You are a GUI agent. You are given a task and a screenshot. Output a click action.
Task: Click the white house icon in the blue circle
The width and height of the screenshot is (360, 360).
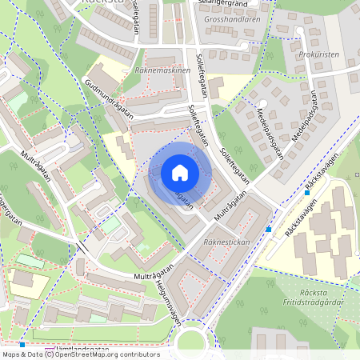(179, 172)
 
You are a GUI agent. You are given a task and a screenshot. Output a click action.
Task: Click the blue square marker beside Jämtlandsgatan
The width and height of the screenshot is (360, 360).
(22, 344)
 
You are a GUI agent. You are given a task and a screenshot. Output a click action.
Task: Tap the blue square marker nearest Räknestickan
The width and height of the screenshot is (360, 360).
(268, 230)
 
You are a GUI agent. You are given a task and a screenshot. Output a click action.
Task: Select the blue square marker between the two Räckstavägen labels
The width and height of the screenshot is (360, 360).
(306, 192)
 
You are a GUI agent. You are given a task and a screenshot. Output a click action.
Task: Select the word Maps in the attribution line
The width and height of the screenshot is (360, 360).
(12, 354)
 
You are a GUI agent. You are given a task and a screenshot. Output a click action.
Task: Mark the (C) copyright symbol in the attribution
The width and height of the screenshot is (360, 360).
(49, 354)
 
